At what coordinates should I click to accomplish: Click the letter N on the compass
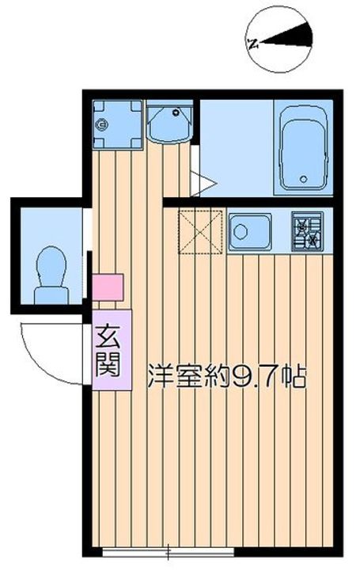click(252, 44)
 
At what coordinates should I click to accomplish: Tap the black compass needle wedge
click(289, 36)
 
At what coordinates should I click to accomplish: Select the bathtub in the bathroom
click(303, 148)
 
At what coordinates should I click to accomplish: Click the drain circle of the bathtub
click(304, 179)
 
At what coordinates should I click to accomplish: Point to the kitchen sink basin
click(250, 231)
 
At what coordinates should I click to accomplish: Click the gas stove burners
click(307, 232)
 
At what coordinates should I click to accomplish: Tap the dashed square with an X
click(200, 231)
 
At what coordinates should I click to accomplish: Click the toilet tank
click(51, 296)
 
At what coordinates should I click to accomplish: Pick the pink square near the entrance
click(108, 287)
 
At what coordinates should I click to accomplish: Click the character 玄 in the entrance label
click(108, 338)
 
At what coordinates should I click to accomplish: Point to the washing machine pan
click(117, 124)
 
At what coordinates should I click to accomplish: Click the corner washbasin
click(170, 122)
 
